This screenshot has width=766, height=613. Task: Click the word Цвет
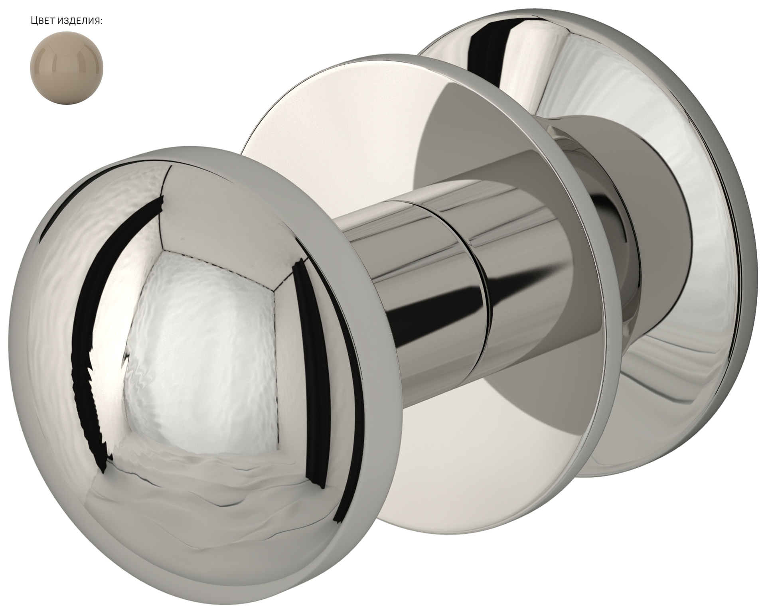[x=42, y=21]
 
